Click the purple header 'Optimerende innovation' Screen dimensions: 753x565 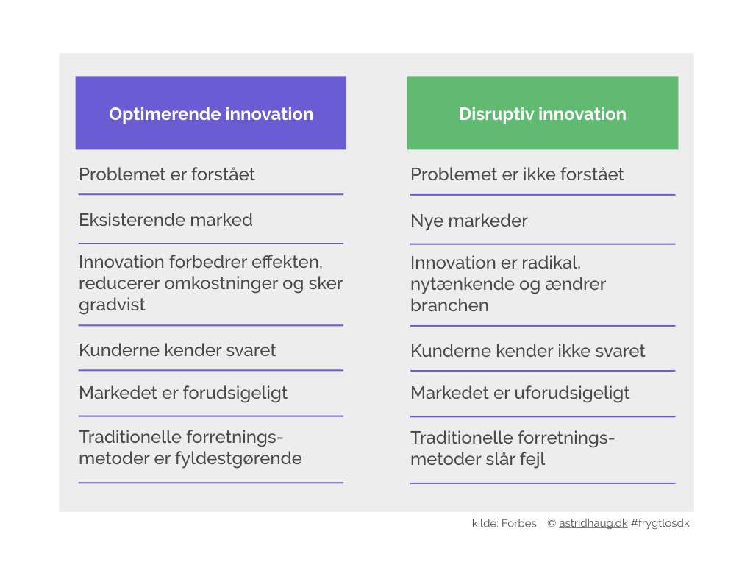tap(211, 113)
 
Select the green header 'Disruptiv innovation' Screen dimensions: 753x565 tap(543, 113)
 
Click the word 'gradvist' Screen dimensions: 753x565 tap(112, 305)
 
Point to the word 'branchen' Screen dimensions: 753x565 tap(449, 305)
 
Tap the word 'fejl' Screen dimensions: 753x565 tap(532, 460)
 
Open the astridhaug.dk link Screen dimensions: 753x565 tap(593, 523)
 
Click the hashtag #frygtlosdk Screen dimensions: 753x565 tap(660, 523)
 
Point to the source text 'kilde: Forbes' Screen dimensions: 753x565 tap(504, 523)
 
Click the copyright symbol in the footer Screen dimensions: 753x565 tap(552, 523)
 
